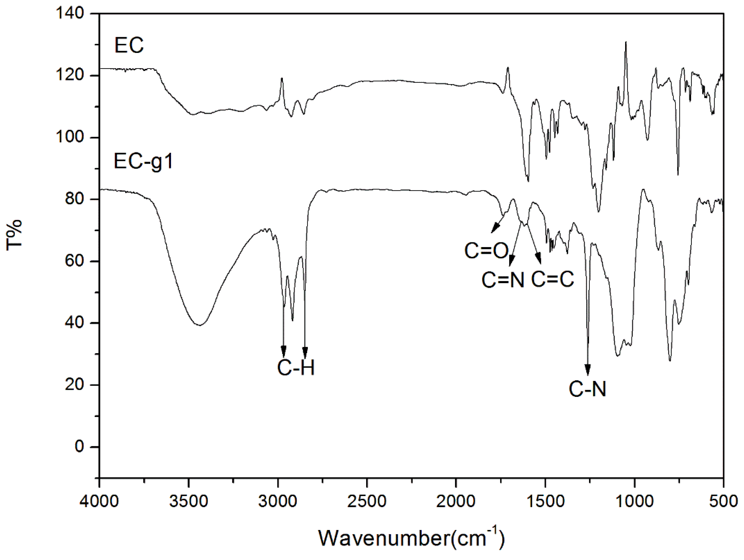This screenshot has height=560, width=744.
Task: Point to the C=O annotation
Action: tap(486, 251)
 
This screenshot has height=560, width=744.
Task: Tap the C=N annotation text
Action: tap(503, 280)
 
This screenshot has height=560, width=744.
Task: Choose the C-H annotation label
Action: tap(296, 368)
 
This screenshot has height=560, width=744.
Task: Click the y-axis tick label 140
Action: tap(70, 13)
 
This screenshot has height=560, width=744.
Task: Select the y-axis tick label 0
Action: tap(79, 447)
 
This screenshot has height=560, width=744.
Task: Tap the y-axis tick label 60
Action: tap(74, 261)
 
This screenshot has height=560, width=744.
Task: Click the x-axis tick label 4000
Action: tap(99, 501)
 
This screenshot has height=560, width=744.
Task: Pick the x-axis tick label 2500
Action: tap(367, 501)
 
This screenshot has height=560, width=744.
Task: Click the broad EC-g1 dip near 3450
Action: tap(200, 325)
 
